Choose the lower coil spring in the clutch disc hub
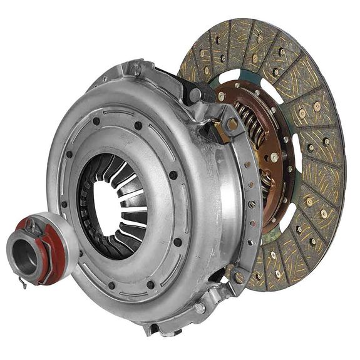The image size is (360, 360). pyautogui.click(x=267, y=182)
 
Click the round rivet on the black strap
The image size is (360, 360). pyautogui.click(x=195, y=95)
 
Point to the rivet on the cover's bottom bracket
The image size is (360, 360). pyautogui.click(x=200, y=308)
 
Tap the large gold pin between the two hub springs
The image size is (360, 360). pyautogui.click(x=274, y=157)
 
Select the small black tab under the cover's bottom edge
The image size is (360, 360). pyautogui.click(x=151, y=329)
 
